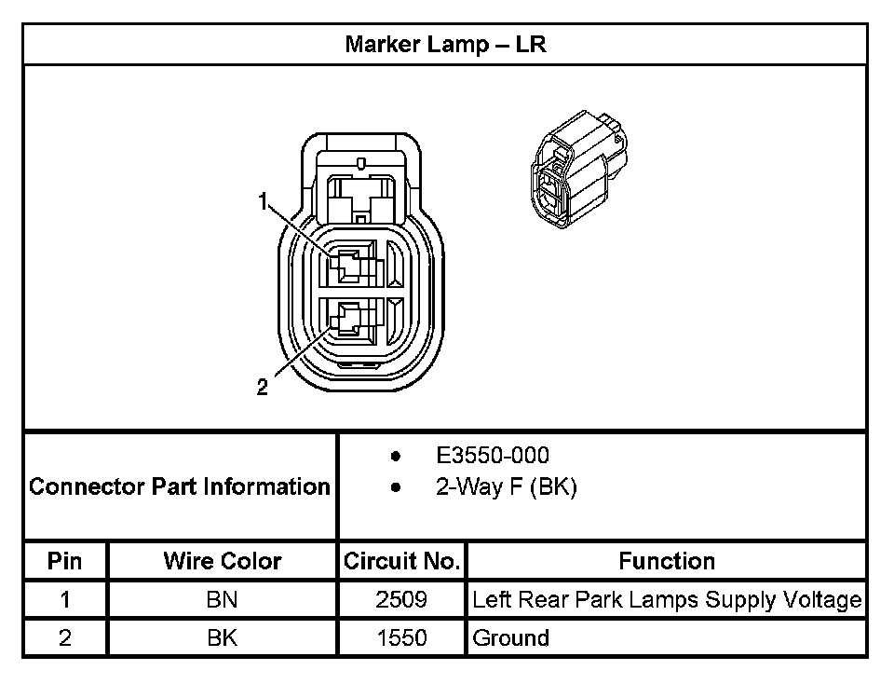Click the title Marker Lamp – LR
pyautogui.click(x=445, y=45)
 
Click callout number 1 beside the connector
pyautogui.click(x=264, y=200)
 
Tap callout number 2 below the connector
pyautogui.click(x=263, y=388)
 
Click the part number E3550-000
pyautogui.click(x=493, y=456)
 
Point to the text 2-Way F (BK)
pyautogui.click(x=506, y=487)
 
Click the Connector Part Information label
pyautogui.click(x=180, y=486)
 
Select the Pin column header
pyautogui.click(x=65, y=561)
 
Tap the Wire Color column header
pyautogui.click(x=223, y=561)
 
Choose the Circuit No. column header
pyautogui.click(x=401, y=561)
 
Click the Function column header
pyautogui.click(x=667, y=561)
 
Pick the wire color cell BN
pyautogui.click(x=223, y=599)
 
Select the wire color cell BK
pyautogui.click(x=223, y=638)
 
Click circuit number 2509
pyautogui.click(x=401, y=599)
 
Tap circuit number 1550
pyautogui.click(x=401, y=638)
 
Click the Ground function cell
pyautogui.click(x=511, y=638)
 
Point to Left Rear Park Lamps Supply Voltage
pyautogui.click(x=667, y=599)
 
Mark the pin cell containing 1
pyautogui.click(x=65, y=599)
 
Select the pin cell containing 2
pyautogui.click(x=65, y=638)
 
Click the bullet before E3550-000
pyautogui.click(x=396, y=457)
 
